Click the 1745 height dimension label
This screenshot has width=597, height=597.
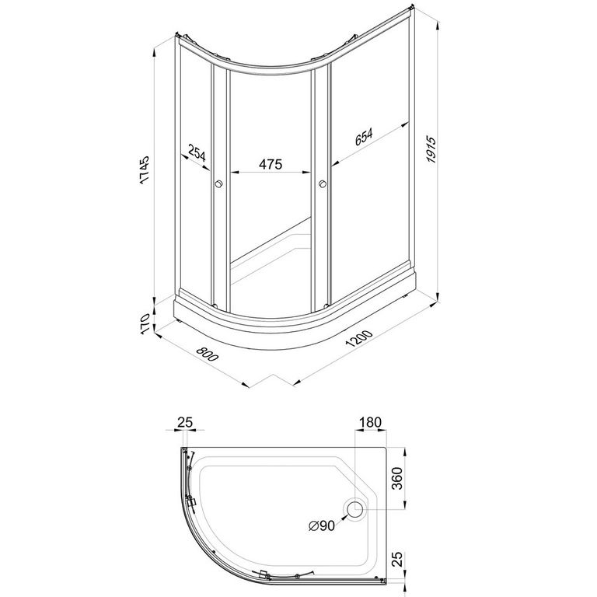click(x=145, y=170)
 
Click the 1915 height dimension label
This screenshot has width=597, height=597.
click(x=431, y=149)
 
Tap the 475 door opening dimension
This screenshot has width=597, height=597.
click(x=271, y=164)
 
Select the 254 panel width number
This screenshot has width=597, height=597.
click(x=197, y=152)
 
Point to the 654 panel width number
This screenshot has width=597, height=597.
click(x=364, y=137)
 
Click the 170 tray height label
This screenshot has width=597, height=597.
click(x=145, y=324)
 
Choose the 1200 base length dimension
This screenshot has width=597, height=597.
click(x=358, y=338)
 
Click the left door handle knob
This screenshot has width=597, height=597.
click(x=219, y=184)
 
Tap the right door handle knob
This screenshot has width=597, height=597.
click(x=322, y=184)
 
